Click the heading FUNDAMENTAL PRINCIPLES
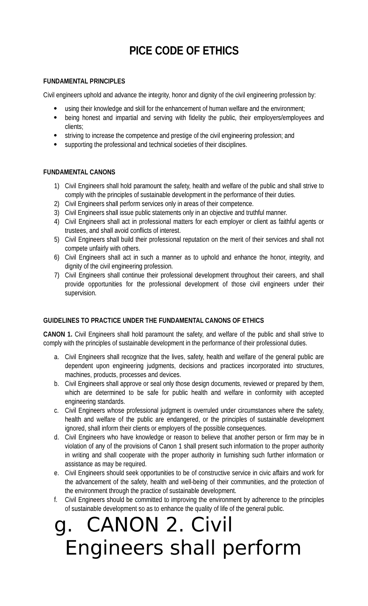84,81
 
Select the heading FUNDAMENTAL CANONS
79,172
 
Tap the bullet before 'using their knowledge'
55,109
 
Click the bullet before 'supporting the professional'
55,144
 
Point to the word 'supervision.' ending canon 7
81,293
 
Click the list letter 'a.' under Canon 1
56,357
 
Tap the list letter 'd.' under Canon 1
56,437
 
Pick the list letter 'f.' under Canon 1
56,500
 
